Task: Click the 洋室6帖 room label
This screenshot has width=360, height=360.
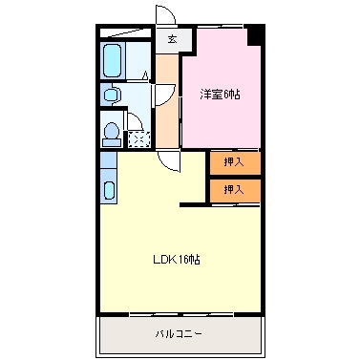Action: coord(220,94)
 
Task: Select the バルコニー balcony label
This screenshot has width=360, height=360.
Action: coord(180,333)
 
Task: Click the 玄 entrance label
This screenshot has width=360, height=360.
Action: coord(172,40)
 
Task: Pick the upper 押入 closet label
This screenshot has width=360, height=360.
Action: coord(234,162)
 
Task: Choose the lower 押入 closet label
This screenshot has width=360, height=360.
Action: coord(234,189)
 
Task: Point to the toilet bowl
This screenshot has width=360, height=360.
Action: coord(111,131)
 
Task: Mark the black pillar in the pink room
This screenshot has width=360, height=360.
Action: coord(255,36)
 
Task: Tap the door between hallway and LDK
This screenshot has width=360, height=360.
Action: coord(169,159)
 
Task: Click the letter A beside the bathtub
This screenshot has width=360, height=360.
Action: coord(144,76)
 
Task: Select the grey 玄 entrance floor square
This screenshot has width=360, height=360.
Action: coord(172,40)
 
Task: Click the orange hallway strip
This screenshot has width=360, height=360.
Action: coord(168,105)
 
